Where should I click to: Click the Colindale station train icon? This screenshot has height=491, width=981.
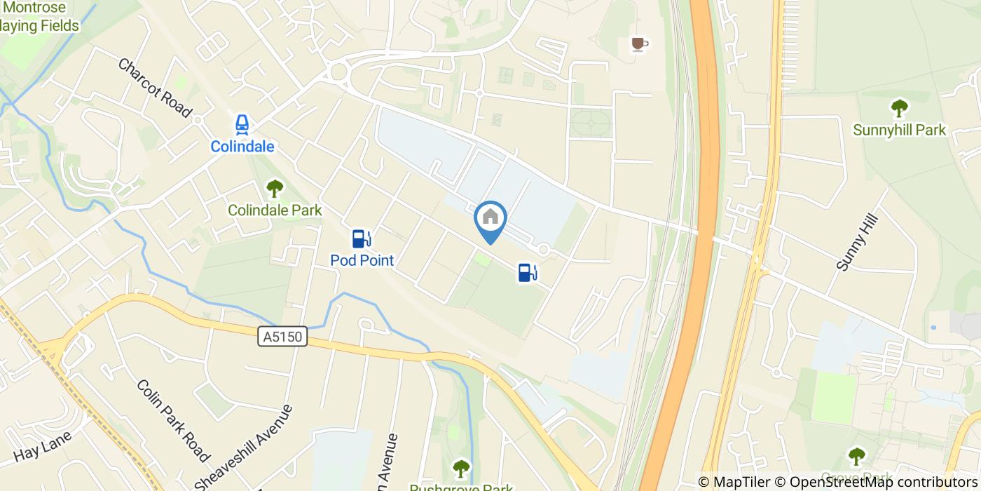point(242,125)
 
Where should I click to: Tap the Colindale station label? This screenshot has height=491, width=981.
point(242,147)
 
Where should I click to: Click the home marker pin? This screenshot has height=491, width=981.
point(490,218)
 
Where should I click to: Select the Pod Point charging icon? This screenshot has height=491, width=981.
point(361,239)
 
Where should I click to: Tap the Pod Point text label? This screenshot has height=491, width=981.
point(362,261)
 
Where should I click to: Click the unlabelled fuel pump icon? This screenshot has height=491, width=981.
point(527,272)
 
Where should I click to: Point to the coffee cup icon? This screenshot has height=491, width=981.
point(638,44)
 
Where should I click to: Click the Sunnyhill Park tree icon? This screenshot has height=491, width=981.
point(898,108)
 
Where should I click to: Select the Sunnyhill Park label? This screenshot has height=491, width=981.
point(900,130)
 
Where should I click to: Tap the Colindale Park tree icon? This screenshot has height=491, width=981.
point(275,188)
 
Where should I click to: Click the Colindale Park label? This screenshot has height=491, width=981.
point(275,210)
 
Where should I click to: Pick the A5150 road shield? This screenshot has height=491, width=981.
point(283,337)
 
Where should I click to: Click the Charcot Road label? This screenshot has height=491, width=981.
point(154,88)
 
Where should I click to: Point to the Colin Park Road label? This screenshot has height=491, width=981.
point(172,421)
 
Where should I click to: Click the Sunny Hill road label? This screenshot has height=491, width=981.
point(851,243)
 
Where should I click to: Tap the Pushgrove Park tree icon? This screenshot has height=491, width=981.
point(460,468)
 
